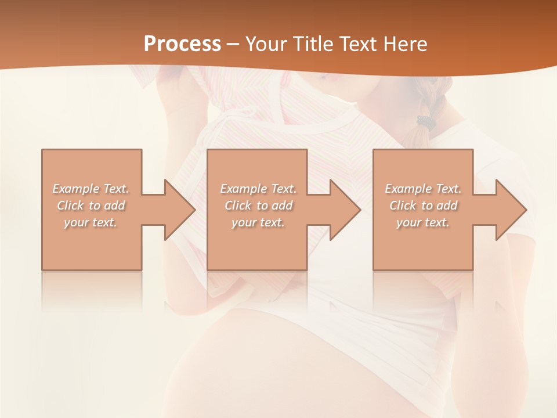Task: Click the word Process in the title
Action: pyautogui.click(x=182, y=44)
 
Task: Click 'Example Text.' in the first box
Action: pyautogui.click(x=91, y=189)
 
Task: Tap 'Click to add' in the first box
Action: pyautogui.click(x=91, y=206)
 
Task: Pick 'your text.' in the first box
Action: pyautogui.click(x=91, y=222)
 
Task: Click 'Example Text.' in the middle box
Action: pyautogui.click(x=258, y=189)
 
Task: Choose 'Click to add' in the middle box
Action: pyautogui.click(x=258, y=206)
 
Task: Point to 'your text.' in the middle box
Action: pyautogui.click(x=258, y=222)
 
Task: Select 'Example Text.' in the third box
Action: pyautogui.click(x=423, y=189)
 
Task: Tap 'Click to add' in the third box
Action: pyautogui.click(x=423, y=206)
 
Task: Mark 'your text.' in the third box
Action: pyautogui.click(x=423, y=222)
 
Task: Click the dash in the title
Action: pyautogui.click(x=233, y=45)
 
